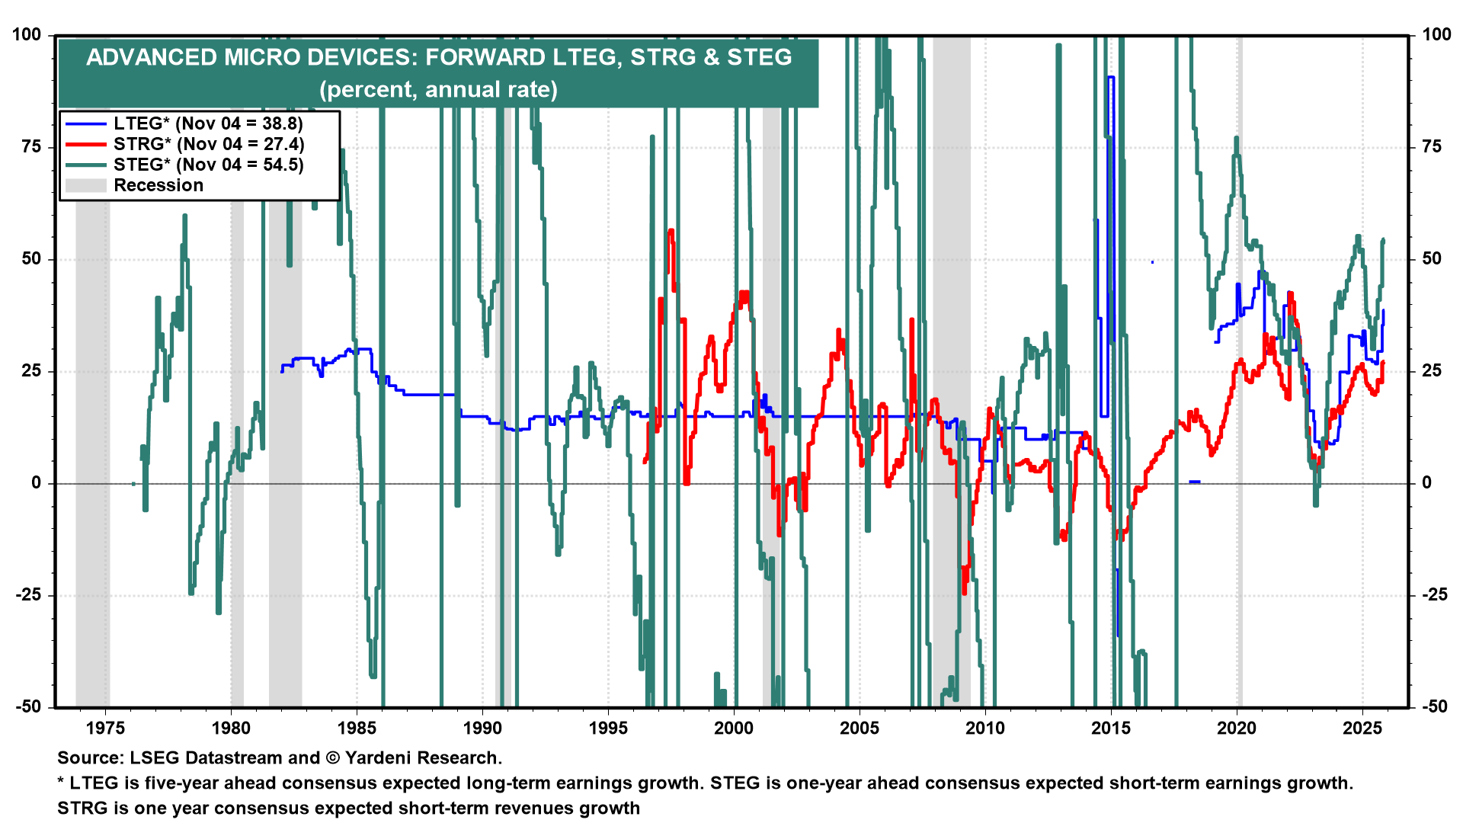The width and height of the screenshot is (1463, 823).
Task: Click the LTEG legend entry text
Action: point(208,123)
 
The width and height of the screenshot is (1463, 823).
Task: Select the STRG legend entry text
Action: point(209,144)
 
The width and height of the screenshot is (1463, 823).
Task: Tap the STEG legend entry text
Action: point(209,165)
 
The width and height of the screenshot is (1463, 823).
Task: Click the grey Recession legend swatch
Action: point(85,185)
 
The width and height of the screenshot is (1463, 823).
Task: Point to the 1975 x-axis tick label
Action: point(105,728)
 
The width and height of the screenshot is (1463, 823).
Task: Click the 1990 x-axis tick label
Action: point(482,728)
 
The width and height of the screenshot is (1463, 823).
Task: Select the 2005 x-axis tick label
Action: point(860,728)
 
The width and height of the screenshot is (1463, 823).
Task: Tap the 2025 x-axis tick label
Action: point(1362,728)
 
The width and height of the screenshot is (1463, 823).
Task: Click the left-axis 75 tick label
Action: point(31,147)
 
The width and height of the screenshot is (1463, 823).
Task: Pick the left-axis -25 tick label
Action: point(29,595)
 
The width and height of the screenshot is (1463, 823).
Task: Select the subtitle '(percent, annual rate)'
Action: point(438,90)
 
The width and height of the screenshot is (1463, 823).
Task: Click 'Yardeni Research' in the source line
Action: point(423,758)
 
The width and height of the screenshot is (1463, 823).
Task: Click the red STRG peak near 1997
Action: point(671,231)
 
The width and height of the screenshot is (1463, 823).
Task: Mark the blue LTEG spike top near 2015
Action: point(1111,78)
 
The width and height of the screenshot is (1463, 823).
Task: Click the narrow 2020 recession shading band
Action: point(1240,381)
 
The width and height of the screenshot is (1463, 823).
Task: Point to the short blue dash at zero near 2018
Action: point(1195,482)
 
